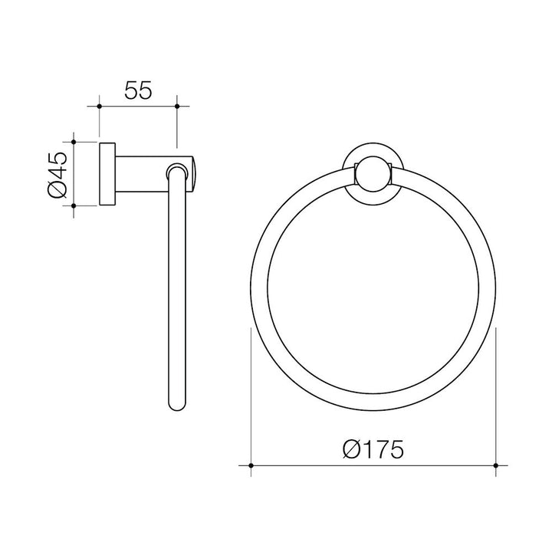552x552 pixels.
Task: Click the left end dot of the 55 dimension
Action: [100, 106]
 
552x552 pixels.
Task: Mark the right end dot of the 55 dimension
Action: [176, 106]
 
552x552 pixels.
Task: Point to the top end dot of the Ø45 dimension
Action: [74, 142]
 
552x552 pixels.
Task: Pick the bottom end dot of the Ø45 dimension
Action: [74, 205]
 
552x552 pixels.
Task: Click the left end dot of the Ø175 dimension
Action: [251, 465]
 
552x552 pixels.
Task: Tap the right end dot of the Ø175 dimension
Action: [497, 465]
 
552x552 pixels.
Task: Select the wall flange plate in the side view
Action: [107, 173]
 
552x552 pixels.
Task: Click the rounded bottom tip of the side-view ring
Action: [176, 406]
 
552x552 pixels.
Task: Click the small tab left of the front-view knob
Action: [356, 174]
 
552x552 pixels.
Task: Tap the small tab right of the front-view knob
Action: [392, 174]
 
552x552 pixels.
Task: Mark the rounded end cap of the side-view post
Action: [192, 173]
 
